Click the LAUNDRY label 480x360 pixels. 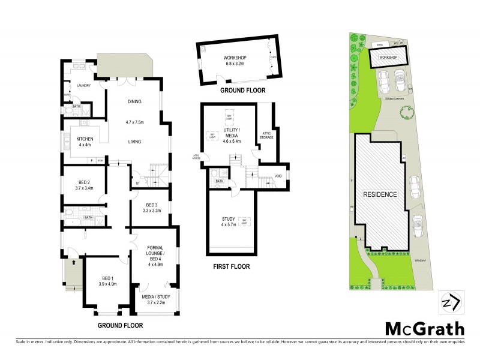[83, 86]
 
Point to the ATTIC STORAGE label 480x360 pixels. [267, 135]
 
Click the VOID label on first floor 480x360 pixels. [278, 176]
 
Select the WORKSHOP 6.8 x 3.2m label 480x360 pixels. [235, 60]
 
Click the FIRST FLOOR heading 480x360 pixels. [231, 266]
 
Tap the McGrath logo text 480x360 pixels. [424, 329]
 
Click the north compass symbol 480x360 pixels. [450, 302]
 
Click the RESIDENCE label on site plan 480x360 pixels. [379, 194]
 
